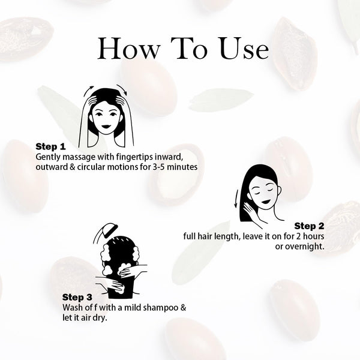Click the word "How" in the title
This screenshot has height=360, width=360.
[129, 49]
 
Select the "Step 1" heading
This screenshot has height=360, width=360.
[50, 146]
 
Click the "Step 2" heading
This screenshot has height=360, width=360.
[309, 226]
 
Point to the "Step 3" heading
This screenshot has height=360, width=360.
[77, 297]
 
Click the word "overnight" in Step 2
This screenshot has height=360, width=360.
[300, 247]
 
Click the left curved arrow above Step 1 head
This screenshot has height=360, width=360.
[89, 91]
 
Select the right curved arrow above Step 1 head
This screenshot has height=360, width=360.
[122, 89]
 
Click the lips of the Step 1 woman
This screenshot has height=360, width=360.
[106, 127]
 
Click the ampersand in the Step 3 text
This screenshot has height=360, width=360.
[183, 308]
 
